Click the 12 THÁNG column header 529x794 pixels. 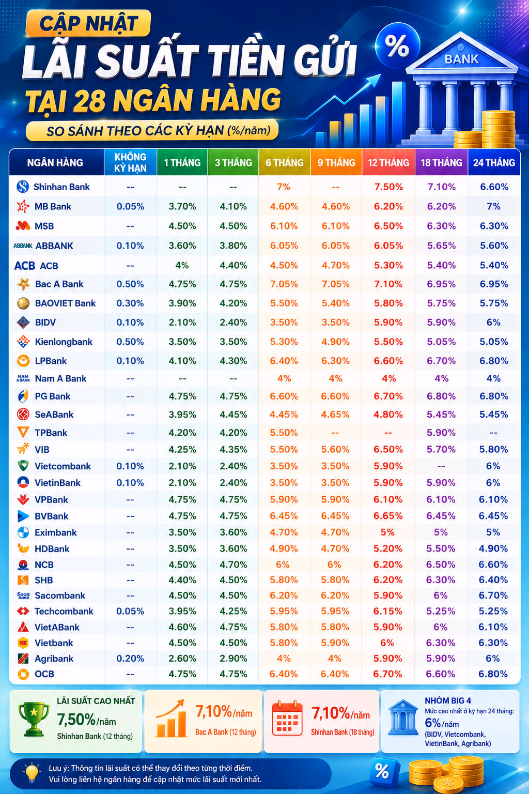[388, 163]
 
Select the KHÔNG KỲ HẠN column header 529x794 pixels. [130, 162]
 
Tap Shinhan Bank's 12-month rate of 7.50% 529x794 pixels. [388, 187]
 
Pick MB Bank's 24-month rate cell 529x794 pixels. [493, 206]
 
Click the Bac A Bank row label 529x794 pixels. [59, 284]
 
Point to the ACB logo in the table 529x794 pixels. [24, 266]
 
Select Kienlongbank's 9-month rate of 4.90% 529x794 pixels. [335, 342]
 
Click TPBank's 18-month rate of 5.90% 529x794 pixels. [441, 433]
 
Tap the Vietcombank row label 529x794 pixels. [63, 466]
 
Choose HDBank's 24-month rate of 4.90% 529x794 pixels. [493, 548]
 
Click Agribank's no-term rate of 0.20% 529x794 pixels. [130, 658]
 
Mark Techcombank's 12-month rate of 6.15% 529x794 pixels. [388, 611]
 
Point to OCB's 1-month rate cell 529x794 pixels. [182, 674]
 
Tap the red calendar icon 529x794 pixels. [287, 719]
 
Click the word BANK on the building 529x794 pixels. [461, 59]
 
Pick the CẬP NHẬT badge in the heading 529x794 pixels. [88, 23]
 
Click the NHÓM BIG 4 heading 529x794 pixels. [448, 700]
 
